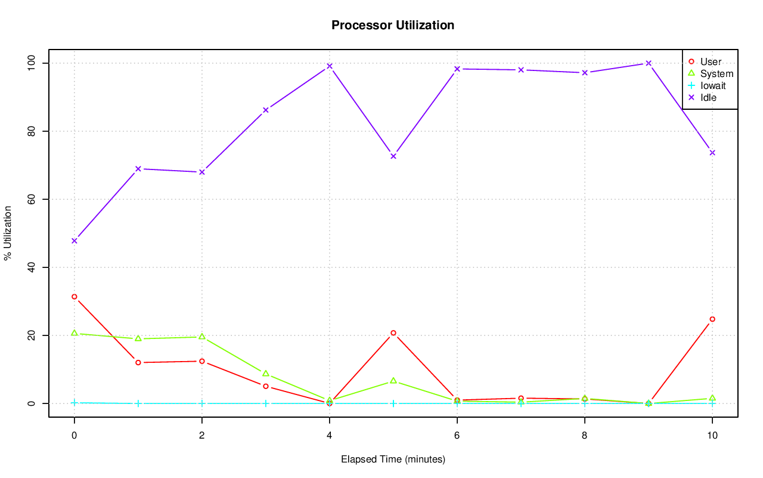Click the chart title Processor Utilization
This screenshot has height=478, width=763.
[x=393, y=26]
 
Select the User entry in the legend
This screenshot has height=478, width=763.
[x=711, y=61]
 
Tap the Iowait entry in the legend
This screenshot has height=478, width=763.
[x=713, y=85]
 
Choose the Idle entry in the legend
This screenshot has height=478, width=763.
[x=708, y=97]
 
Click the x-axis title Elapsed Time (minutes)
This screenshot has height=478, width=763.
[x=393, y=460]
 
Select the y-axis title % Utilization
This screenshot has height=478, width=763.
[x=8, y=233]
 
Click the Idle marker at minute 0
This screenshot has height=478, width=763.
[x=75, y=240]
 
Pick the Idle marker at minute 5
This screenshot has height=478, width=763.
[x=393, y=156]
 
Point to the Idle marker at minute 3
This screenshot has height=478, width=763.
[x=266, y=110]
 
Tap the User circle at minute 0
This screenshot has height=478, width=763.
[x=75, y=297]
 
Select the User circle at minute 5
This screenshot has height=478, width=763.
[x=393, y=333]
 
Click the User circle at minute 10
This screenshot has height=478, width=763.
[x=712, y=319]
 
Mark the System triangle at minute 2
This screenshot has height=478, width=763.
[x=202, y=337]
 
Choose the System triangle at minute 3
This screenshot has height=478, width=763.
[x=266, y=374]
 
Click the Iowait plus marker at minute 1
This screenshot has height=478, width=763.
[x=138, y=403]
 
